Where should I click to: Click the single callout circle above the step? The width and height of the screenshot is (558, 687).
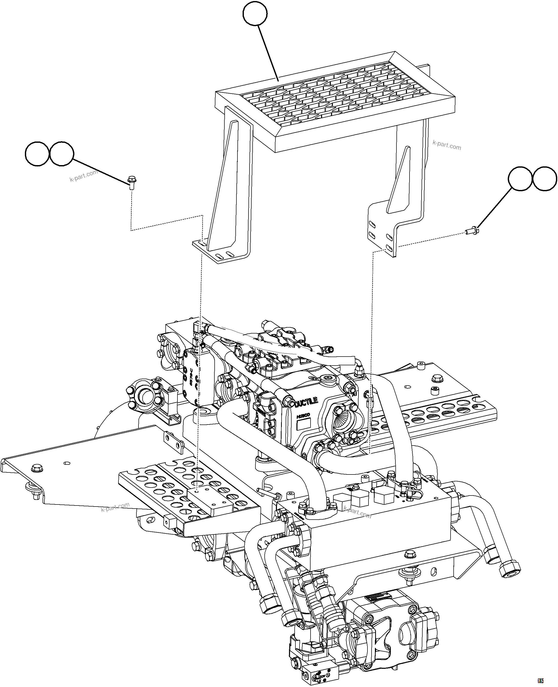pos(255,14)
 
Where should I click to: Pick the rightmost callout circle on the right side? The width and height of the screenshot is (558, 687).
pos(545,179)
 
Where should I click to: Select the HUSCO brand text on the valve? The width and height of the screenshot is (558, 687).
pos(303,416)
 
